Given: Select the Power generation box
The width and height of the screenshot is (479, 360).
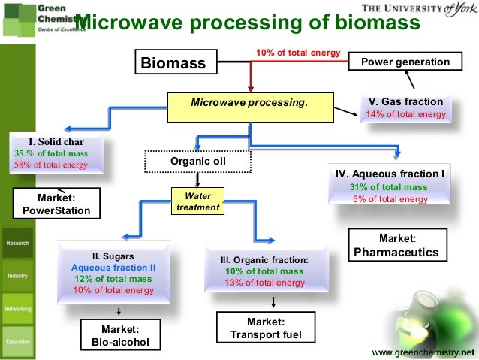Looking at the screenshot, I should (x=405, y=62).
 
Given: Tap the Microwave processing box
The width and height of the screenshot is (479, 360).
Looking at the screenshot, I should (x=249, y=101).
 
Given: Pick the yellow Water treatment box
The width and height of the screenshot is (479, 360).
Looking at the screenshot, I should (x=197, y=201).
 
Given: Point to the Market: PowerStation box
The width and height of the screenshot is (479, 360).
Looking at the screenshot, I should (x=56, y=204).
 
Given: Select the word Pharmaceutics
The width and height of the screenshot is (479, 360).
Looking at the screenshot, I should (x=396, y=251).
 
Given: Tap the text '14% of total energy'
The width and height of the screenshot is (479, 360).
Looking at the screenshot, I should (x=405, y=115).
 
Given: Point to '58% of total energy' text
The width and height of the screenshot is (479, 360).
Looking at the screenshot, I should (x=51, y=165).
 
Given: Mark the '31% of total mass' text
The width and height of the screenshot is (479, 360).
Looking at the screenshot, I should (x=388, y=187).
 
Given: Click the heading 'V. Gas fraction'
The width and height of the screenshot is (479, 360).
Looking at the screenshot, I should (x=405, y=101).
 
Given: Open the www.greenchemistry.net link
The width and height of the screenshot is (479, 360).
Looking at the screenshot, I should (x=424, y=352).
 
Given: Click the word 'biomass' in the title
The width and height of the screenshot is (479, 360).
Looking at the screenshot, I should (x=375, y=23).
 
